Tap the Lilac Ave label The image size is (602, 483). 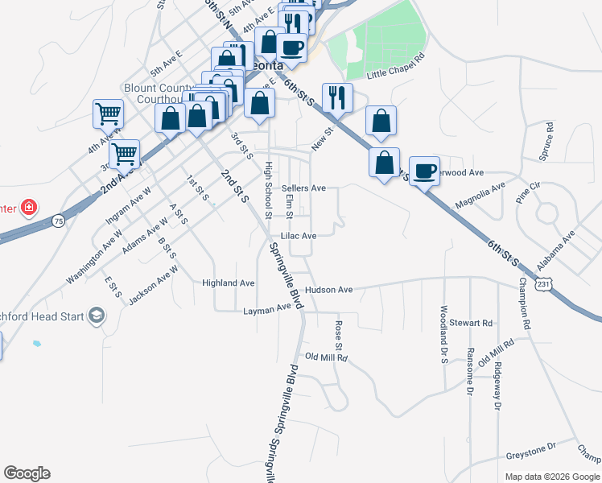(298, 236)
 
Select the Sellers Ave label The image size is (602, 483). (303, 188)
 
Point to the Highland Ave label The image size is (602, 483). (229, 283)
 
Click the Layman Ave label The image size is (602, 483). (266, 308)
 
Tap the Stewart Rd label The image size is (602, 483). (470, 323)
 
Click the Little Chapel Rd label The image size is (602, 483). (395, 68)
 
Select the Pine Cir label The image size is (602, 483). (528, 191)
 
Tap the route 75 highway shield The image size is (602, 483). (58, 220)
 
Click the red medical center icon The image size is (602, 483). (29, 208)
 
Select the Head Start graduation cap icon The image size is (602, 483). (97, 316)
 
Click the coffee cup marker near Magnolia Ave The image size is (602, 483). (424, 170)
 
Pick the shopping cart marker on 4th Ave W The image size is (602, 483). (108, 114)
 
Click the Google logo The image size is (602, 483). (27, 473)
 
